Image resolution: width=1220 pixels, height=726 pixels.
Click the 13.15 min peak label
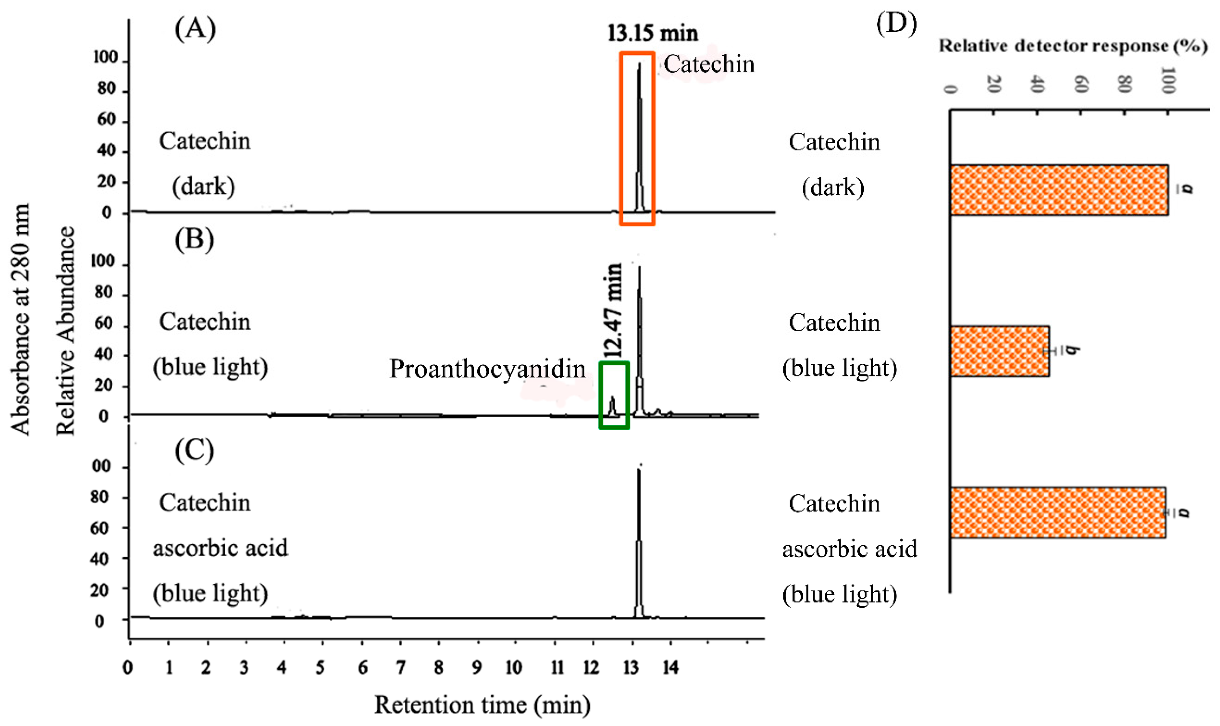[653, 33]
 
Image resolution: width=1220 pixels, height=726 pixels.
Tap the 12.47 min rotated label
[612, 311]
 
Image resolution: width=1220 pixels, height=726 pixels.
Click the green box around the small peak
[614, 395]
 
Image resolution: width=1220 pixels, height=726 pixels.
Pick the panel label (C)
[194, 450]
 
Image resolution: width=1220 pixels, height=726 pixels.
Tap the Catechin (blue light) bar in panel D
[999, 351]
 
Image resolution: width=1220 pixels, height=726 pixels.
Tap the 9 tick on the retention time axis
[476, 667]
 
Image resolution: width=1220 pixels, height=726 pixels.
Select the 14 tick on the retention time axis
[670, 667]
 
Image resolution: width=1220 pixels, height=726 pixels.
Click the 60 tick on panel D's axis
[1080, 87]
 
